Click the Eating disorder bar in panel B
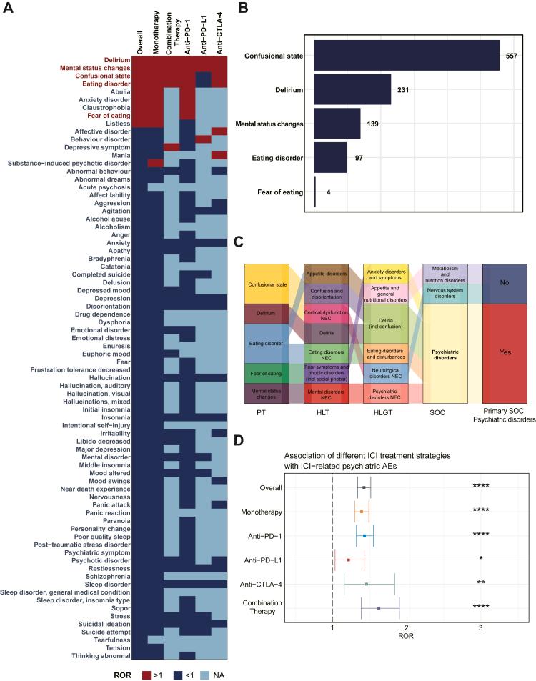[330, 157]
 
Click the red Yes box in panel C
[505, 352]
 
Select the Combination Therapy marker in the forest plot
[378, 608]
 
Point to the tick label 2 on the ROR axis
[407, 629]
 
